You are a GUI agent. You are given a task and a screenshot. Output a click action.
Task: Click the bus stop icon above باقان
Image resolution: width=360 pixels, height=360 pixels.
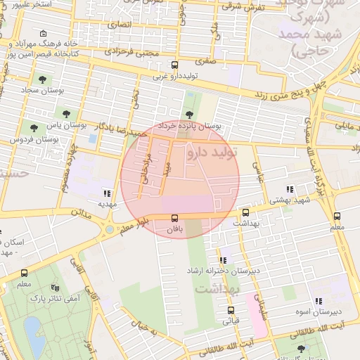pos(174,218)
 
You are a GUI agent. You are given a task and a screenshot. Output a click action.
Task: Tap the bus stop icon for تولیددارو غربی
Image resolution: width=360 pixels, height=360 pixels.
pos(174,65)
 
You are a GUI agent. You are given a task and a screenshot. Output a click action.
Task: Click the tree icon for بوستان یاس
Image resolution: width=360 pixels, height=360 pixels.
pos(66,112)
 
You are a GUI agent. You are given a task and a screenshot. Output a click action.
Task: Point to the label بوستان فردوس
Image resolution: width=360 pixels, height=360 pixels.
pos(32,140)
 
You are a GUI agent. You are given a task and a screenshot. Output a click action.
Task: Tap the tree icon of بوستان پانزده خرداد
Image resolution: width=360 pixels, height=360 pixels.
pos(188,115)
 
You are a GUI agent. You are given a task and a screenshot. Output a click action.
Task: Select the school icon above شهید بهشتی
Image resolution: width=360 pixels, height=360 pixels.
pos(289,188)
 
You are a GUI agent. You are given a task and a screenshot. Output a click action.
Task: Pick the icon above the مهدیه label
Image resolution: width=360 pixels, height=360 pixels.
pos(107,193)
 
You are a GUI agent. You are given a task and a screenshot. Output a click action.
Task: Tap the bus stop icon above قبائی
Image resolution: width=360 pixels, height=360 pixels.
pos(231,310)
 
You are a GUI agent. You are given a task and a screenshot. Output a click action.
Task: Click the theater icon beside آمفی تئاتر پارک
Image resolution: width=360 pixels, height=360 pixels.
pos(55,288)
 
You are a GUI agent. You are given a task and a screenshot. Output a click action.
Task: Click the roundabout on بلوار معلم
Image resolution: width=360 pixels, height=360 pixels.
pos(110,229)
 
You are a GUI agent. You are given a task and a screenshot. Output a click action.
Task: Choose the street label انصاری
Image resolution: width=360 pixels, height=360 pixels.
pos(118,23)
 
